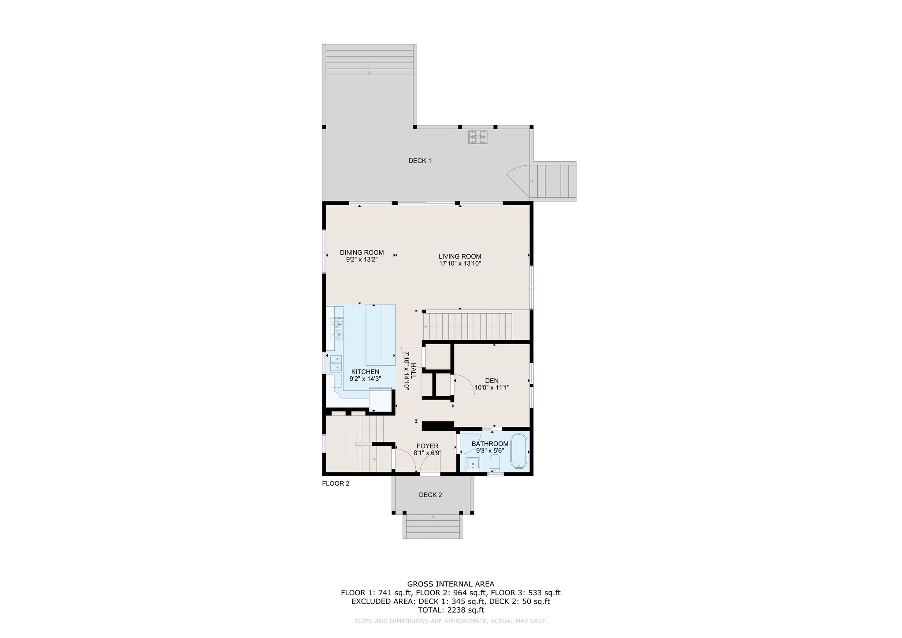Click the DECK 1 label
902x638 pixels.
point(419,161)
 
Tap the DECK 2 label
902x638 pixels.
point(430,495)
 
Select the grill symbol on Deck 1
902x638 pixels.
point(477,137)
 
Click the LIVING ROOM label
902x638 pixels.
point(460,256)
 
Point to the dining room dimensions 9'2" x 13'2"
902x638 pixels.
point(362,260)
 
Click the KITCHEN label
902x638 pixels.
point(365,372)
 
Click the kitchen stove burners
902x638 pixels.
point(338,330)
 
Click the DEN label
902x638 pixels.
point(492,381)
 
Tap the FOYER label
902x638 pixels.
point(427,446)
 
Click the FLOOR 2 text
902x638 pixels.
point(336,483)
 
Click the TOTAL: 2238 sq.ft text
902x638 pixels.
point(451,610)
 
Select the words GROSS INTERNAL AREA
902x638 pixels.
point(451,584)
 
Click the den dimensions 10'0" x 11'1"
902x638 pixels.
point(492,388)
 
